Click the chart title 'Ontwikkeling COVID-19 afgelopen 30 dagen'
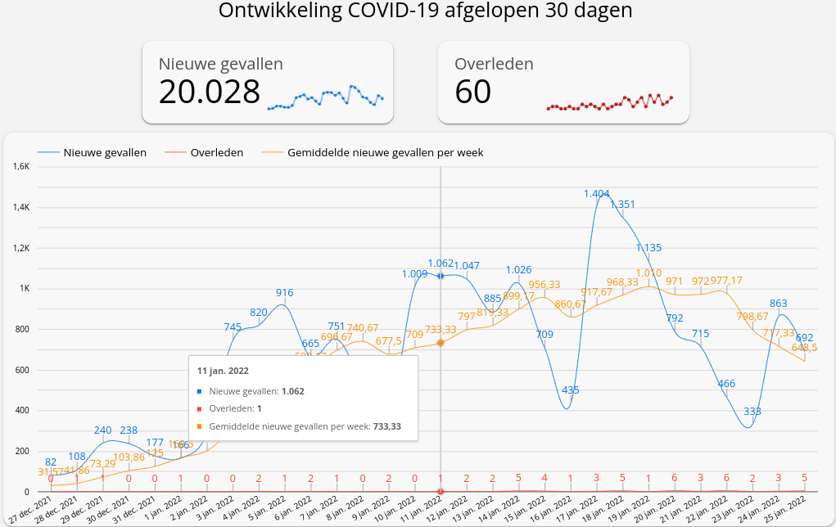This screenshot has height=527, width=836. (426, 11)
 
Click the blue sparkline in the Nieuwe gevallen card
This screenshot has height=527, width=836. (326, 97)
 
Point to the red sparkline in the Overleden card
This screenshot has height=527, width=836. (609, 101)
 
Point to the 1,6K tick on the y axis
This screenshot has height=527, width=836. (20, 166)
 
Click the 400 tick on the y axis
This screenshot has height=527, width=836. (22, 410)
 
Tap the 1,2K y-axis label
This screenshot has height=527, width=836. (20, 248)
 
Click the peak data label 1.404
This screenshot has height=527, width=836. (597, 194)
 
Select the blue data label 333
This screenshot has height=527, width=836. (753, 412)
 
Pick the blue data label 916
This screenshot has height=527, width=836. (284, 293)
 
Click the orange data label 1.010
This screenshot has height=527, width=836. (648, 273)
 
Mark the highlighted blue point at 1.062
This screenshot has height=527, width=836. (441, 276)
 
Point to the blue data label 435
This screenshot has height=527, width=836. (571, 390)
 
